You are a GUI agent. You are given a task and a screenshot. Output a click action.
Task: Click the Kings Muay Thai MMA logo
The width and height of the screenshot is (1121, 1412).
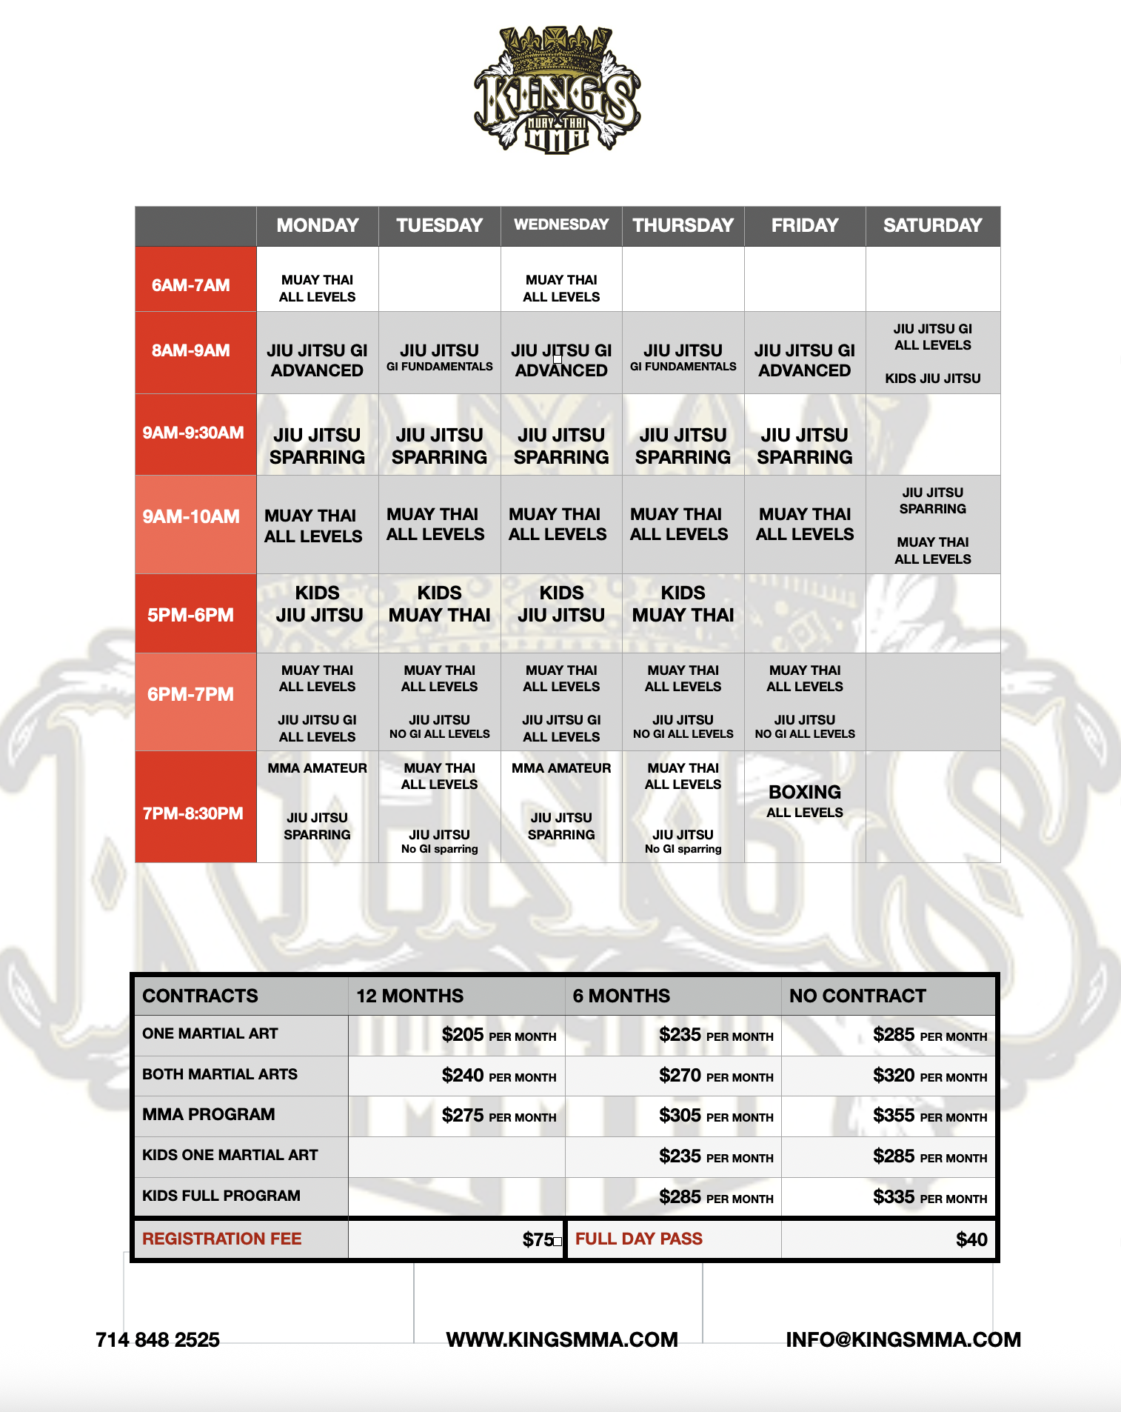click(x=558, y=90)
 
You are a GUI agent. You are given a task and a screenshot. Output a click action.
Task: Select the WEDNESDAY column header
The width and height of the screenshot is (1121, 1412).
click(x=561, y=225)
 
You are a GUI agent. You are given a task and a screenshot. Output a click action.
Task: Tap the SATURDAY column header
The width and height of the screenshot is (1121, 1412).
click(x=932, y=225)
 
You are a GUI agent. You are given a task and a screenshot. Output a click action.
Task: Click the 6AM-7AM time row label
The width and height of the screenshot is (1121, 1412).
click(x=191, y=285)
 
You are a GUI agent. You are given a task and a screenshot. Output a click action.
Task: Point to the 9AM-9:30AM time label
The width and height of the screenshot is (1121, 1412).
click(x=193, y=433)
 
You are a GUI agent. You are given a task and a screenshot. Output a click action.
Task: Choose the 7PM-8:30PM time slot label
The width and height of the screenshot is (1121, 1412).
click(x=193, y=813)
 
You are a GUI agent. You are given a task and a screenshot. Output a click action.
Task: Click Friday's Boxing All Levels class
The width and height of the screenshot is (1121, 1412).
click(x=805, y=801)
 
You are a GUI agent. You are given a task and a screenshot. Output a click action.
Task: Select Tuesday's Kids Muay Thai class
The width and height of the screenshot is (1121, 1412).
click(x=439, y=605)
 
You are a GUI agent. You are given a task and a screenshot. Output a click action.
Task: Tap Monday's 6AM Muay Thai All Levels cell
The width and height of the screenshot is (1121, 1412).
click(x=317, y=288)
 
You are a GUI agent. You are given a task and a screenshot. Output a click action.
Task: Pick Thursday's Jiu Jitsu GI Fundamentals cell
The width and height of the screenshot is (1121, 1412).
click(x=683, y=356)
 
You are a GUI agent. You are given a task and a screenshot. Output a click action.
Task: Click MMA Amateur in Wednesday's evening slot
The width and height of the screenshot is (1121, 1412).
click(x=561, y=768)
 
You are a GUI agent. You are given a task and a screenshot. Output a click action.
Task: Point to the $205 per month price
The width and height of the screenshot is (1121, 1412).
click(x=498, y=1035)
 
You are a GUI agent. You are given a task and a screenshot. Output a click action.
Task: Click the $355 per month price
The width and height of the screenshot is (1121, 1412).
click(x=929, y=1116)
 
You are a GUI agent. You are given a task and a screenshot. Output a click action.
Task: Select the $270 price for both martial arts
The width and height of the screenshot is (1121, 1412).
click(x=715, y=1076)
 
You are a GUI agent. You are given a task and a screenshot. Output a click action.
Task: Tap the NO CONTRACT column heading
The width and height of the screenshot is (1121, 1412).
click(x=857, y=996)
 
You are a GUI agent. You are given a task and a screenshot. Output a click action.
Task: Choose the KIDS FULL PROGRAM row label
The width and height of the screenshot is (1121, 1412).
click(x=221, y=1196)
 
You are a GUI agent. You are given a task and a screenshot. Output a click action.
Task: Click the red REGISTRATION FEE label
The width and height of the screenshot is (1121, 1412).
click(x=222, y=1239)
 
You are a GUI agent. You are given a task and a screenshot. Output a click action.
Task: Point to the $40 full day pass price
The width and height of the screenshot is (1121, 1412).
click(x=971, y=1239)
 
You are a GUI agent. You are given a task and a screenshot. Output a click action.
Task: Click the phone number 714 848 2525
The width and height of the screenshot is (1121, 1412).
click(x=158, y=1339)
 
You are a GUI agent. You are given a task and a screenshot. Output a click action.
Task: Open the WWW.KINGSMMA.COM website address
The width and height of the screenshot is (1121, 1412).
click(x=562, y=1339)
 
